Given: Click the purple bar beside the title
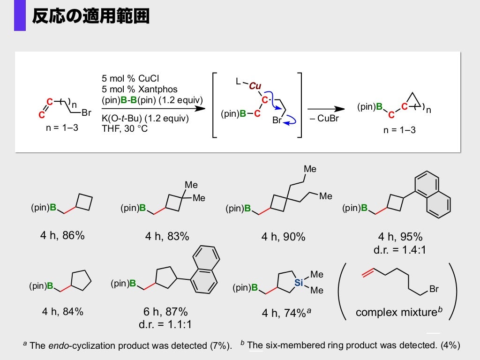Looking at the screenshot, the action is (x=20, y=15).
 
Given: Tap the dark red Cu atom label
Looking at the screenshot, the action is (x=255, y=86).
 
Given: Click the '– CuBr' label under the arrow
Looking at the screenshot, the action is (x=324, y=118).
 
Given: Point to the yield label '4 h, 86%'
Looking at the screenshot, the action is (x=62, y=236).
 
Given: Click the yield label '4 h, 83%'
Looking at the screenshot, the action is (x=167, y=237).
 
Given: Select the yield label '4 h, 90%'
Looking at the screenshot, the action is (x=283, y=237).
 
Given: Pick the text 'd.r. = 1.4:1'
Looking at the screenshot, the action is (x=400, y=250).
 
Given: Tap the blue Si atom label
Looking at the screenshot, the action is (x=299, y=282).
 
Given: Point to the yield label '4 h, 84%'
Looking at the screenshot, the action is (x=62, y=311).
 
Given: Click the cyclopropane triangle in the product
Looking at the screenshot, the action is (x=411, y=98).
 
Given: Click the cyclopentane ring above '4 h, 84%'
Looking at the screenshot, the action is (x=80, y=280).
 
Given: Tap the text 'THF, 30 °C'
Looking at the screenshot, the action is (x=124, y=128).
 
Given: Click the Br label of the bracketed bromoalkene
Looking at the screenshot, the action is (x=434, y=289).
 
